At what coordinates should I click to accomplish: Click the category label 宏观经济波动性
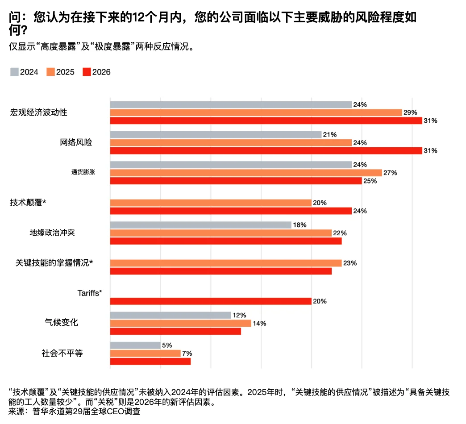[x=38, y=112]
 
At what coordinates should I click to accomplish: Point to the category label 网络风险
[x=76, y=143]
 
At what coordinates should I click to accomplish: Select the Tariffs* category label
[x=90, y=293]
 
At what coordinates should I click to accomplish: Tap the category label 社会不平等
[x=62, y=353]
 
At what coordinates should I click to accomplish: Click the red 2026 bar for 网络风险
[x=266, y=151]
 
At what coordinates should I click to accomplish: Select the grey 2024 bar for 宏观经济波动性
[x=230, y=104]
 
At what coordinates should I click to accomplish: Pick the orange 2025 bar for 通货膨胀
[x=245, y=173]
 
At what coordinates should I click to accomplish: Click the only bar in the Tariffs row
[x=210, y=301]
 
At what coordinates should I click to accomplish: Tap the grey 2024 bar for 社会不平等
[x=135, y=345]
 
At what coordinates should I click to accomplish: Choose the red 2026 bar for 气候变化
[x=175, y=331]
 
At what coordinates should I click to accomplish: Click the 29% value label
[x=410, y=112]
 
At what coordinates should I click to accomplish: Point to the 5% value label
[x=167, y=345]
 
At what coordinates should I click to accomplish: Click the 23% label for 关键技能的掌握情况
[x=349, y=263]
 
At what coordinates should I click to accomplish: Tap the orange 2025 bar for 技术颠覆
[x=210, y=203]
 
